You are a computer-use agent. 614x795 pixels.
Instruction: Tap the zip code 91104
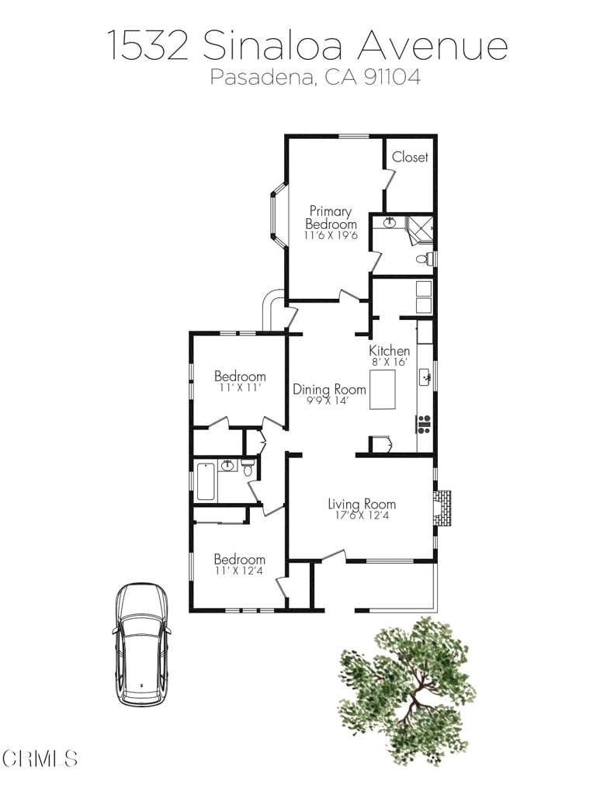[392, 78]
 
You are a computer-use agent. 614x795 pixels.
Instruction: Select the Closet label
[410, 157]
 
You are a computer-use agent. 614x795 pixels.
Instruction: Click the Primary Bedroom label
[331, 217]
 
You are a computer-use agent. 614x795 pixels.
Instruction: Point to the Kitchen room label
[389, 351]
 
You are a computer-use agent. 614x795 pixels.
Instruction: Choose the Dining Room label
[329, 389]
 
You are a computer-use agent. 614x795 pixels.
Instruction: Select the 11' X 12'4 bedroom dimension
[240, 571]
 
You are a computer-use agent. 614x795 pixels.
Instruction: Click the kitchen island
[386, 390]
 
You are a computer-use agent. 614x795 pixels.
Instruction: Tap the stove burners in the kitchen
[425, 423]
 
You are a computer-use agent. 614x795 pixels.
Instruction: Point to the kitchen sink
[425, 378]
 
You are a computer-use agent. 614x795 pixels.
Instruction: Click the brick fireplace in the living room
[443, 509]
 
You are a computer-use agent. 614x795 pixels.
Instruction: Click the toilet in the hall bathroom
[248, 468]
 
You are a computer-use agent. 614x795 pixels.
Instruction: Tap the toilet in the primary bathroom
[424, 259]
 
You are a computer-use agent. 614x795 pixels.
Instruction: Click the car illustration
[141, 644]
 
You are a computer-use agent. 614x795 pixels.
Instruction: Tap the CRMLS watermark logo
[40, 758]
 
